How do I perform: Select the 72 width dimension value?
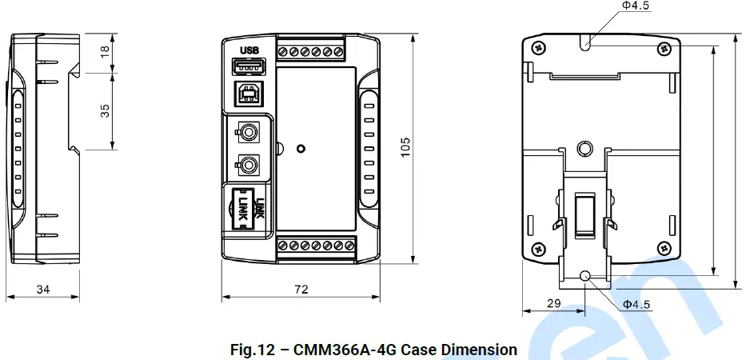[301, 290]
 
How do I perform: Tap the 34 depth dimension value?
[42, 290]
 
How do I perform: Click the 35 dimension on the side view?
[105, 110]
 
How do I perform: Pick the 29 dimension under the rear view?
[553, 304]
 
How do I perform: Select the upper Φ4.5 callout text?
[636, 6]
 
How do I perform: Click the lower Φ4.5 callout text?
[636, 304]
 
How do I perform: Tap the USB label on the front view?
[251, 50]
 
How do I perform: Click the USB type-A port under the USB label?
[251, 67]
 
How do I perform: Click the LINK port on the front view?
[246, 210]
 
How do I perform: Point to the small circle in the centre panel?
[301, 149]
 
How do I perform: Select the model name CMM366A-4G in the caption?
[345, 350]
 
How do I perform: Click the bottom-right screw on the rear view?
[664, 249]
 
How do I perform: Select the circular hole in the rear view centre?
[584, 149]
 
